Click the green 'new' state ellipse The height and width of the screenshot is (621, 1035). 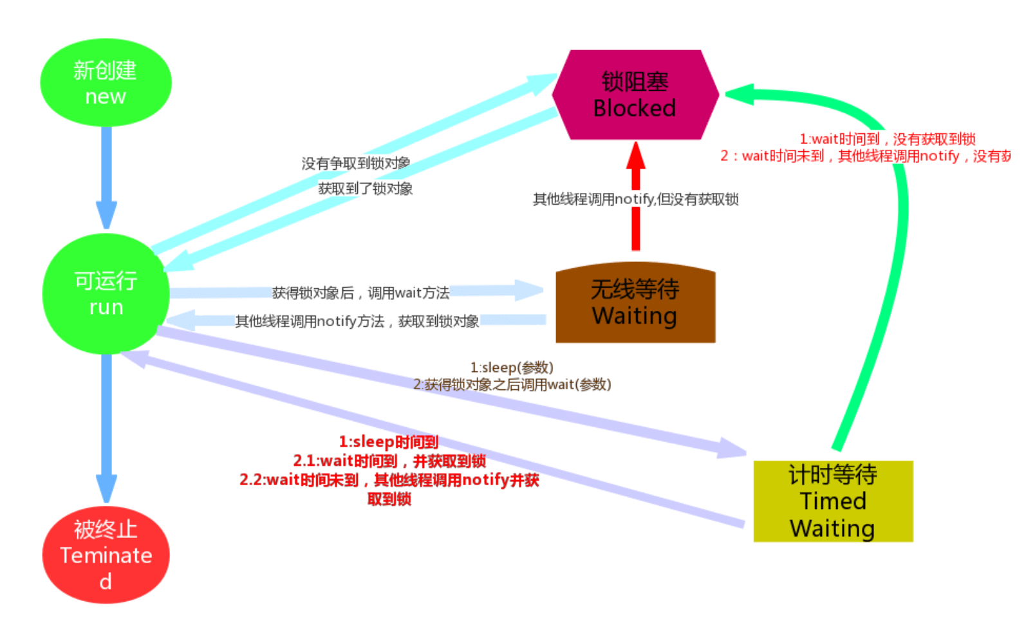106,82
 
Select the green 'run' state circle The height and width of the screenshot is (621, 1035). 106,293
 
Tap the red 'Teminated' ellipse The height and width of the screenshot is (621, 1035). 106,555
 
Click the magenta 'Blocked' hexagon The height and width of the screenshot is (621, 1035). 635,95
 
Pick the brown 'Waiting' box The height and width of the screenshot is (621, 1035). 635,302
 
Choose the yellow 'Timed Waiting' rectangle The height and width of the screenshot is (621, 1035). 832,501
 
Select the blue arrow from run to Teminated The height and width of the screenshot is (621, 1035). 106,425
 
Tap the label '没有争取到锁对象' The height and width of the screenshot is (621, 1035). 355,163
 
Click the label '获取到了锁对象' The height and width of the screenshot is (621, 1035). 365,189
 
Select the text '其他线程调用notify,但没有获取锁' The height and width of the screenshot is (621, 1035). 635,199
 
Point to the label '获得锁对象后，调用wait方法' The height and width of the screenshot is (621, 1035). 360,293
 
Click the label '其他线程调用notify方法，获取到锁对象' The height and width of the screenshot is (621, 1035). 357,321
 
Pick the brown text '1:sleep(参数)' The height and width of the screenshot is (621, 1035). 512,367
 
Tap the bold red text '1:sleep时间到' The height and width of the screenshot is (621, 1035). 388,441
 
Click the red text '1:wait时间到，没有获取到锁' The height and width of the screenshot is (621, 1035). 887,139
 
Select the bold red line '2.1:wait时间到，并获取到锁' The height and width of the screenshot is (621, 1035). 389,461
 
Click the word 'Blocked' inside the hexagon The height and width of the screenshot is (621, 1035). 635,108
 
